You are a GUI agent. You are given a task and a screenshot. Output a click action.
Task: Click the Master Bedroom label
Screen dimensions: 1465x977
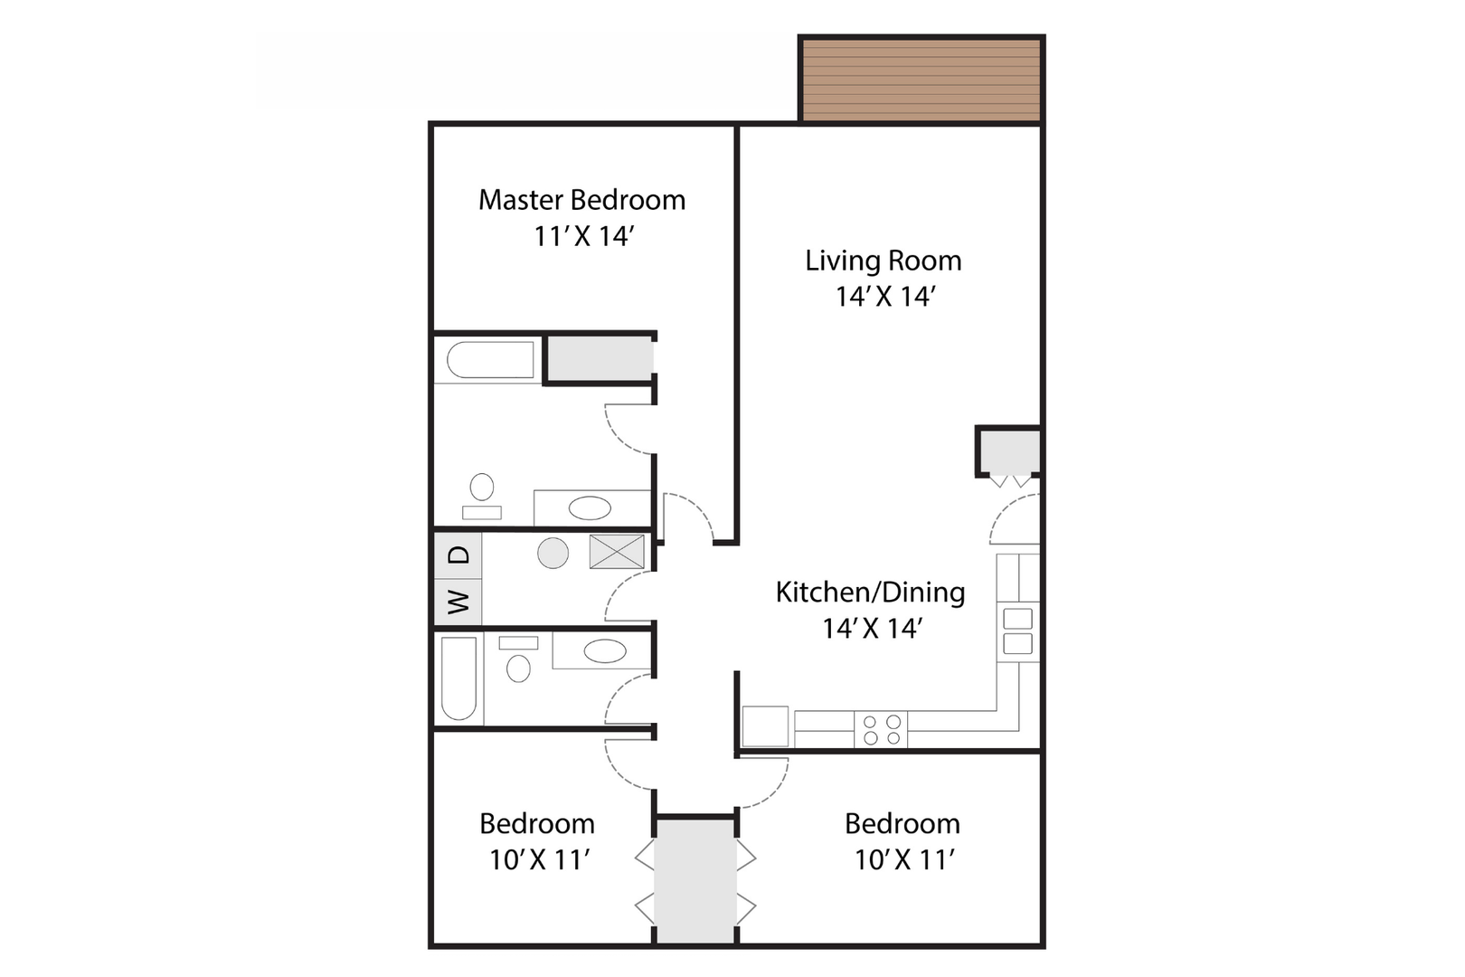(x=582, y=200)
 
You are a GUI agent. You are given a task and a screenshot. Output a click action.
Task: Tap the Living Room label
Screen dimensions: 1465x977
(x=883, y=261)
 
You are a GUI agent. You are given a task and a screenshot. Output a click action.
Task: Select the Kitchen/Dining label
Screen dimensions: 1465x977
(x=871, y=593)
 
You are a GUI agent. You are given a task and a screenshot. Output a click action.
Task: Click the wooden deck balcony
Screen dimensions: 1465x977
(x=921, y=80)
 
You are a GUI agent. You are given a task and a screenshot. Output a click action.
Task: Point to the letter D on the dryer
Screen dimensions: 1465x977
(x=459, y=555)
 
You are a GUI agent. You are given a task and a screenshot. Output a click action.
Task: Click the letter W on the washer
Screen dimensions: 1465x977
(x=459, y=602)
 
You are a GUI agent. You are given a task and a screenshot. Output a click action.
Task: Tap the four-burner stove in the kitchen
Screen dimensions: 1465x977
(x=881, y=730)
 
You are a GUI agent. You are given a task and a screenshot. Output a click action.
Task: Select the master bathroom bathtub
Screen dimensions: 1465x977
(x=490, y=359)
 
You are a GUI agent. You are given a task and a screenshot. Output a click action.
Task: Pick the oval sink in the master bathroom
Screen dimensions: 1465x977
(x=590, y=508)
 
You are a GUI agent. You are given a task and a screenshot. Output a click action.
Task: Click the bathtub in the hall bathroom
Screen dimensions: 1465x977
(x=458, y=678)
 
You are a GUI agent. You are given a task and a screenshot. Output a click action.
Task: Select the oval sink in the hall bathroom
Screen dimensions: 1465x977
(x=605, y=651)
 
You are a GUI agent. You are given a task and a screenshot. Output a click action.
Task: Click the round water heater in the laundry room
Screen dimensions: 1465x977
(x=553, y=553)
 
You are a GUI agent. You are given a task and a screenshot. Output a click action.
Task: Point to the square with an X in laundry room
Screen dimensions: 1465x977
(x=617, y=552)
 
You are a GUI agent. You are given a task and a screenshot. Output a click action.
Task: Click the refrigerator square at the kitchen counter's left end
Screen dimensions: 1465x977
(x=765, y=726)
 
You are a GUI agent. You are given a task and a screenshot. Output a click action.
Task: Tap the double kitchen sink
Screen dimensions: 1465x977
(x=1017, y=631)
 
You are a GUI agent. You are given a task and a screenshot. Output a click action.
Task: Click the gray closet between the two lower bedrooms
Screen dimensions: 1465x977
(x=695, y=881)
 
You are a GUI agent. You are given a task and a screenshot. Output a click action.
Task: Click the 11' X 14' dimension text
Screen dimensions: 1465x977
(x=584, y=236)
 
